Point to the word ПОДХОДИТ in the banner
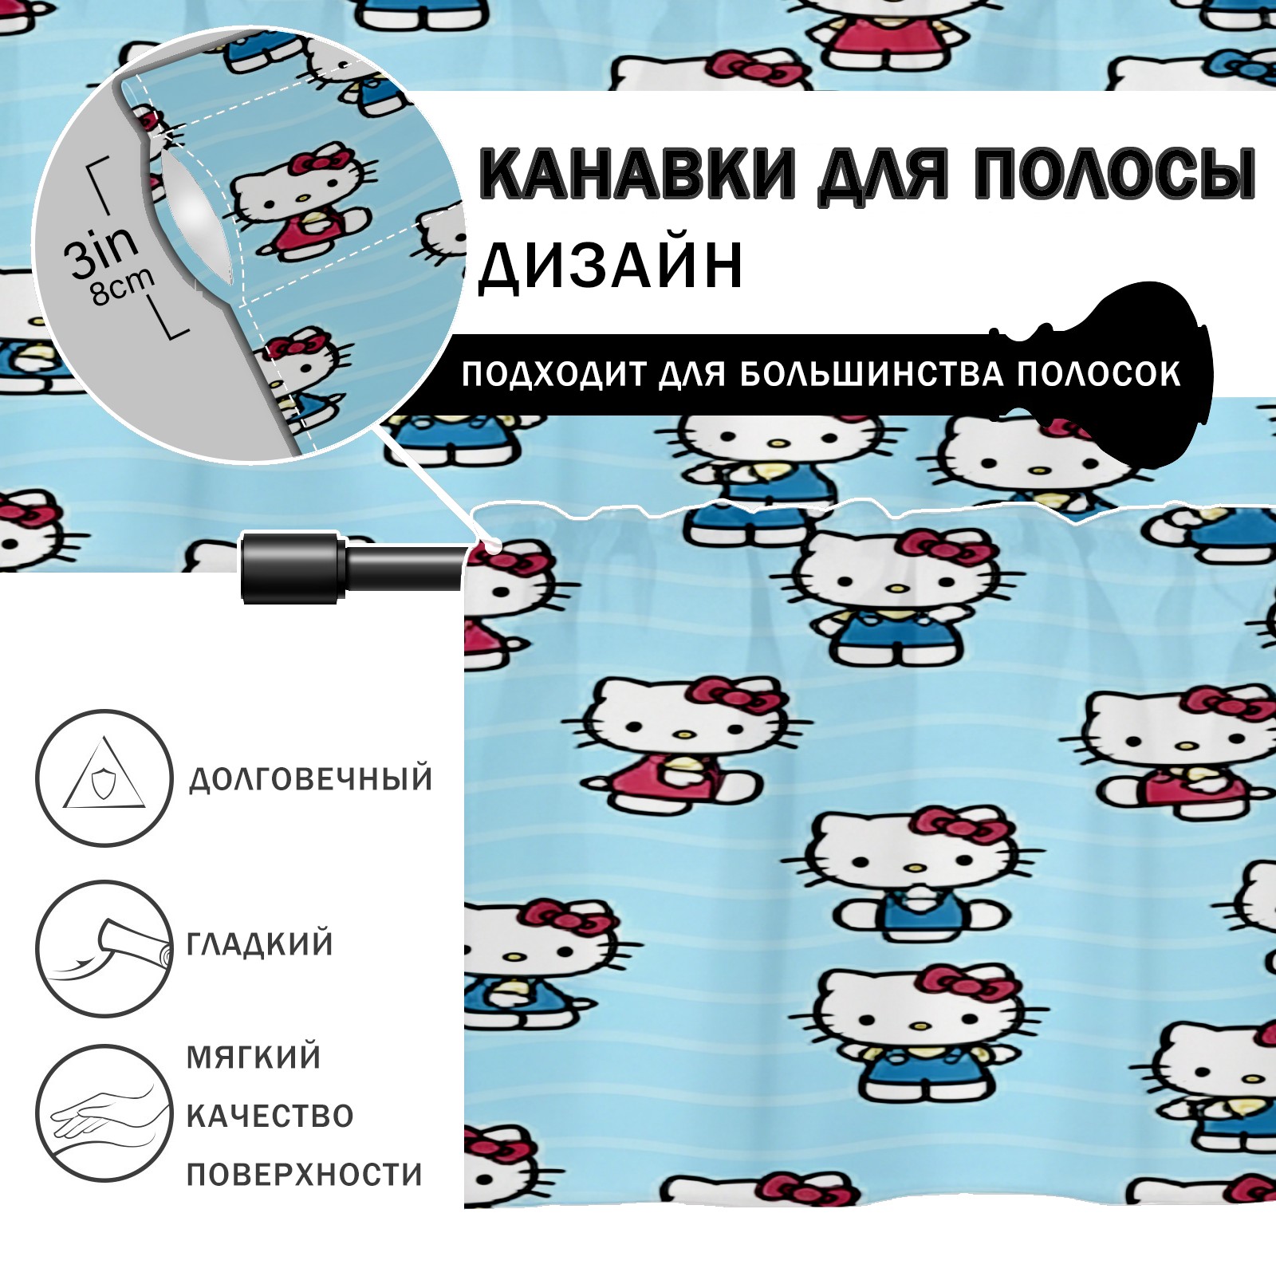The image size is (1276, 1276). pos(554,375)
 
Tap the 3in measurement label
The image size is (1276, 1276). pos(101,250)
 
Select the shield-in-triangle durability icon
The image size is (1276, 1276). pos(104,778)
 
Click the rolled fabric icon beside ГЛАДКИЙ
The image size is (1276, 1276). pos(104,948)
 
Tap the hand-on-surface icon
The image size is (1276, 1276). pos(104,1113)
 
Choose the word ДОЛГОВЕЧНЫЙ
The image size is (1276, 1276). pos(310,778)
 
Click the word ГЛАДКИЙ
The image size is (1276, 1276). pos(260,944)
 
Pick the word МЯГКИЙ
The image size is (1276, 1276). pos(254,1057)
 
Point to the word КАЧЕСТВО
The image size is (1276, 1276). pos(270,1116)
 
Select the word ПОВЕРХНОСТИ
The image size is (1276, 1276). pos(305,1175)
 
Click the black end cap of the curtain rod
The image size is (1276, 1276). pos(292,566)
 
